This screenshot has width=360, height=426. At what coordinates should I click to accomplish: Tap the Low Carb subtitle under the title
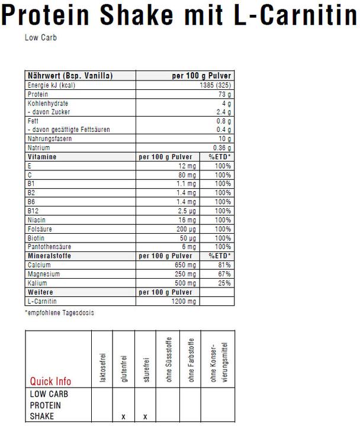tap(41, 38)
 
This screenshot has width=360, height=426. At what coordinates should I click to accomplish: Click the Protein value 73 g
tap(225, 94)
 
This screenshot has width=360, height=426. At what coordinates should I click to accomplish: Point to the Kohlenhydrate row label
tap(49, 103)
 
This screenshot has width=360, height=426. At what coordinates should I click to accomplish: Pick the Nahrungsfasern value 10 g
tap(224, 138)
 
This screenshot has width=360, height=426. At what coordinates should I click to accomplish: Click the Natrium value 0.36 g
tap(221, 147)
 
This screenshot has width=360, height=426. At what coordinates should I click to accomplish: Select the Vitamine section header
tap(42, 157)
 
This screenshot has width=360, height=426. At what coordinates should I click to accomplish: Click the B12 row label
tap(33, 210)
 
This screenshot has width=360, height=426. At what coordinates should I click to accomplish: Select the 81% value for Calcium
tap(223, 265)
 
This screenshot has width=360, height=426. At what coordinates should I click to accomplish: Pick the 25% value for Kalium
tap(223, 283)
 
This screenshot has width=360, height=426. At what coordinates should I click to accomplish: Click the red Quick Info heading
tap(51, 382)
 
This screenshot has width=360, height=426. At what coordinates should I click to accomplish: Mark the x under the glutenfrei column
tap(123, 417)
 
